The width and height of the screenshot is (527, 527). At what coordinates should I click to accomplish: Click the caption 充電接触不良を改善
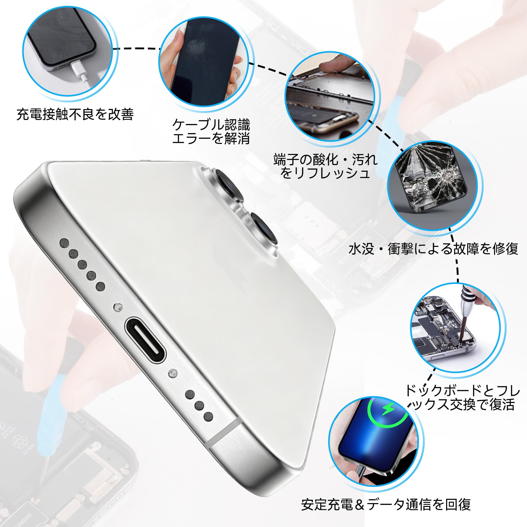[75, 114]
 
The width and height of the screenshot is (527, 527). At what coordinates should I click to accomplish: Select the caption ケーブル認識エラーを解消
[211, 131]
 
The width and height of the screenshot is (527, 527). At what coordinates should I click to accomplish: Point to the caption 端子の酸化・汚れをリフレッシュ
[325, 166]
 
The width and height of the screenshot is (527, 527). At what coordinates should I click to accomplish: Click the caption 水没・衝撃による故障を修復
[433, 249]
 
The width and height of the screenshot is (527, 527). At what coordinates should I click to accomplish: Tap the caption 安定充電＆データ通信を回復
[386, 504]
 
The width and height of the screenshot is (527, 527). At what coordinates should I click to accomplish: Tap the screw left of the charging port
[117, 307]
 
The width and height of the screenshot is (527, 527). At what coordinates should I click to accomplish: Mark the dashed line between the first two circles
[136, 49]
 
